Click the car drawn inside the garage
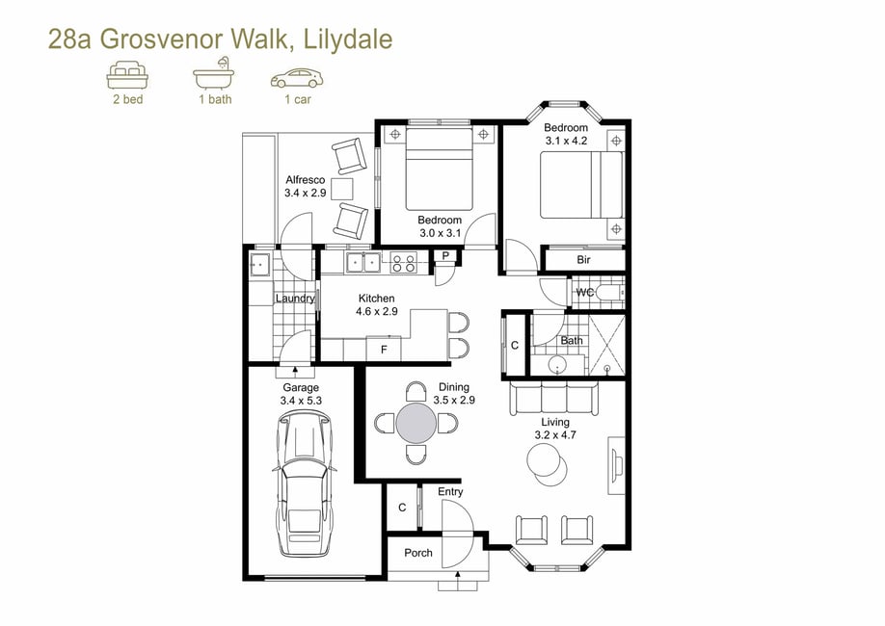(x=305, y=483)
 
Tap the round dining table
(x=416, y=423)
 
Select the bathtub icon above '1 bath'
(x=214, y=73)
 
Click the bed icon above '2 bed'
(x=127, y=75)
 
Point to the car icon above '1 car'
(x=297, y=78)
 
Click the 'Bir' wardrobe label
(x=583, y=260)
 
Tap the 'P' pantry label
(x=445, y=256)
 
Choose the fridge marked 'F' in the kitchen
(x=384, y=348)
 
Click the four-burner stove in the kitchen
(x=404, y=263)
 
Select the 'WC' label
(x=585, y=293)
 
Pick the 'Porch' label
(x=418, y=553)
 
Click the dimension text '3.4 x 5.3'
(x=301, y=401)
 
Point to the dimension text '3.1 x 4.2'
(x=566, y=141)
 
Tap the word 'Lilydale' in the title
(x=348, y=39)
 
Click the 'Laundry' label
(x=295, y=299)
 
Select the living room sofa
(x=554, y=398)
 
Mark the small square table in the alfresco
(x=342, y=189)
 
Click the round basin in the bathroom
(x=557, y=365)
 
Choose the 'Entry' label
(x=450, y=492)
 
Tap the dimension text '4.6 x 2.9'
(x=377, y=311)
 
